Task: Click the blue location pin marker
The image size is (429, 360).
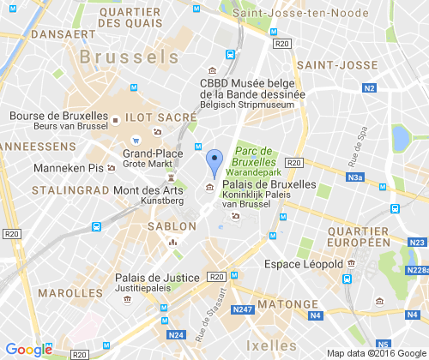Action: coord(214,162)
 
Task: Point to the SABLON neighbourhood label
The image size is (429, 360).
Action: coord(172,226)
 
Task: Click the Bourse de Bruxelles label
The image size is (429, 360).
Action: coord(57,116)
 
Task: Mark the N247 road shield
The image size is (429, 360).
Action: coord(243,309)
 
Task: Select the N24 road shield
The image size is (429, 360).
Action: coord(177,335)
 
